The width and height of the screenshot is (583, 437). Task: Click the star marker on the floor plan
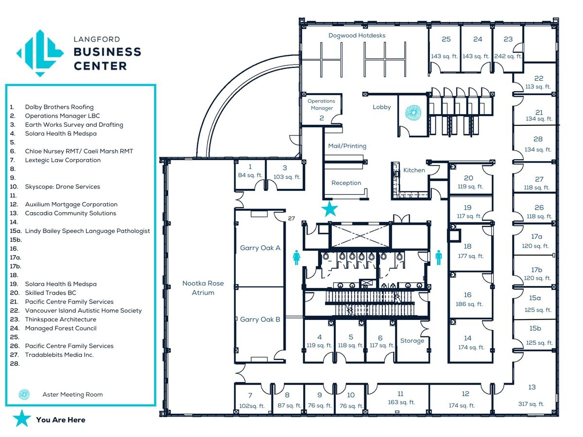[x=330, y=209]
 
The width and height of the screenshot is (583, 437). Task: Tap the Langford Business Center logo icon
[x=40, y=53]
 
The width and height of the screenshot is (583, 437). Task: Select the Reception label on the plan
[x=346, y=183]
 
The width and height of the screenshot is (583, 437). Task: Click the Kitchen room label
[x=414, y=170]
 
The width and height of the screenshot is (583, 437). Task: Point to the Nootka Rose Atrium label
[x=203, y=288]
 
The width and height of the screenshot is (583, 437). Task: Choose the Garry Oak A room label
[x=260, y=248]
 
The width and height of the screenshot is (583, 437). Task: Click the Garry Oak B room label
[x=260, y=319]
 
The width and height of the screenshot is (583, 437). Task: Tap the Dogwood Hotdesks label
[x=357, y=35]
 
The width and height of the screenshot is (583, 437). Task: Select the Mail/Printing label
[x=347, y=146]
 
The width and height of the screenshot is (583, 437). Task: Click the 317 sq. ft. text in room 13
[x=531, y=404]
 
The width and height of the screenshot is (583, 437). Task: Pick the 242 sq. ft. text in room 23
[x=508, y=56]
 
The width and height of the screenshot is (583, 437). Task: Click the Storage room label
[x=412, y=341]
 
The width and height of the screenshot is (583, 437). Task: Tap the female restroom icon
[x=296, y=257]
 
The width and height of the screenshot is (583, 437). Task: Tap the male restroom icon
[x=439, y=257]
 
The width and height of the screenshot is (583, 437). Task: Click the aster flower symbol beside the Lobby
[x=413, y=113]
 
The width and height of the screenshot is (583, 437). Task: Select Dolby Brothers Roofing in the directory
[x=59, y=107]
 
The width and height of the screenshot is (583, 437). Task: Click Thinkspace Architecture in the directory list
[x=60, y=319]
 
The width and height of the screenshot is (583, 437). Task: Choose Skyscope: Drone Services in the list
[x=62, y=186]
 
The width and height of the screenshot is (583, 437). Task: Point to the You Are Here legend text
[x=60, y=420]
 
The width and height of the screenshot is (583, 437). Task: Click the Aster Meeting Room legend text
[x=72, y=395]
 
